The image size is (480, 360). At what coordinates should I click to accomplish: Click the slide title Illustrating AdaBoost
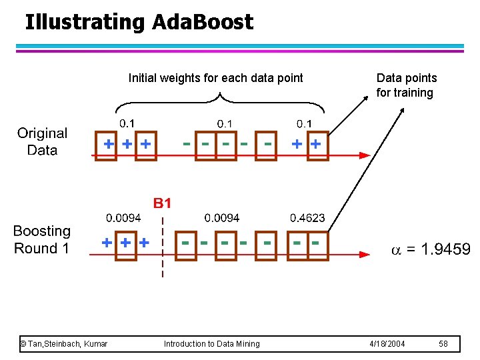(139, 22)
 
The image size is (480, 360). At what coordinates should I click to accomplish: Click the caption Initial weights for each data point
(215, 78)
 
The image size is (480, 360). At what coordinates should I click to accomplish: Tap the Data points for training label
(406, 85)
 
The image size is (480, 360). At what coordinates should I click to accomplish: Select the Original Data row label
(42, 141)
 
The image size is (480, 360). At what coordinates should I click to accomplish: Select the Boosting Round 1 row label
(42, 239)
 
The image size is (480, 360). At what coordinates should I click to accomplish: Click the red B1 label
(163, 203)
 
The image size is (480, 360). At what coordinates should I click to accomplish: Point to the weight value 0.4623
(307, 218)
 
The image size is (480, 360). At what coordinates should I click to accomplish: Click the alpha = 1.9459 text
(430, 249)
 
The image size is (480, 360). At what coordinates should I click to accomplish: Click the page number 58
(444, 343)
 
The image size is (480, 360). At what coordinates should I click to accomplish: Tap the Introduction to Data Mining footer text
(212, 343)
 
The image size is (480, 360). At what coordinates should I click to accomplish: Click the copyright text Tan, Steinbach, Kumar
(64, 343)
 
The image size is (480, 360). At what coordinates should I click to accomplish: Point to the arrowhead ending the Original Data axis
(364, 155)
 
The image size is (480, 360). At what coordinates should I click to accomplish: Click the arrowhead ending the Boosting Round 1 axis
(364, 254)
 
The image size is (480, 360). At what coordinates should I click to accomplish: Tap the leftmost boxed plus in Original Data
(107, 145)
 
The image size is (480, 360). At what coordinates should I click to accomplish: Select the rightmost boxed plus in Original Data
(316, 145)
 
